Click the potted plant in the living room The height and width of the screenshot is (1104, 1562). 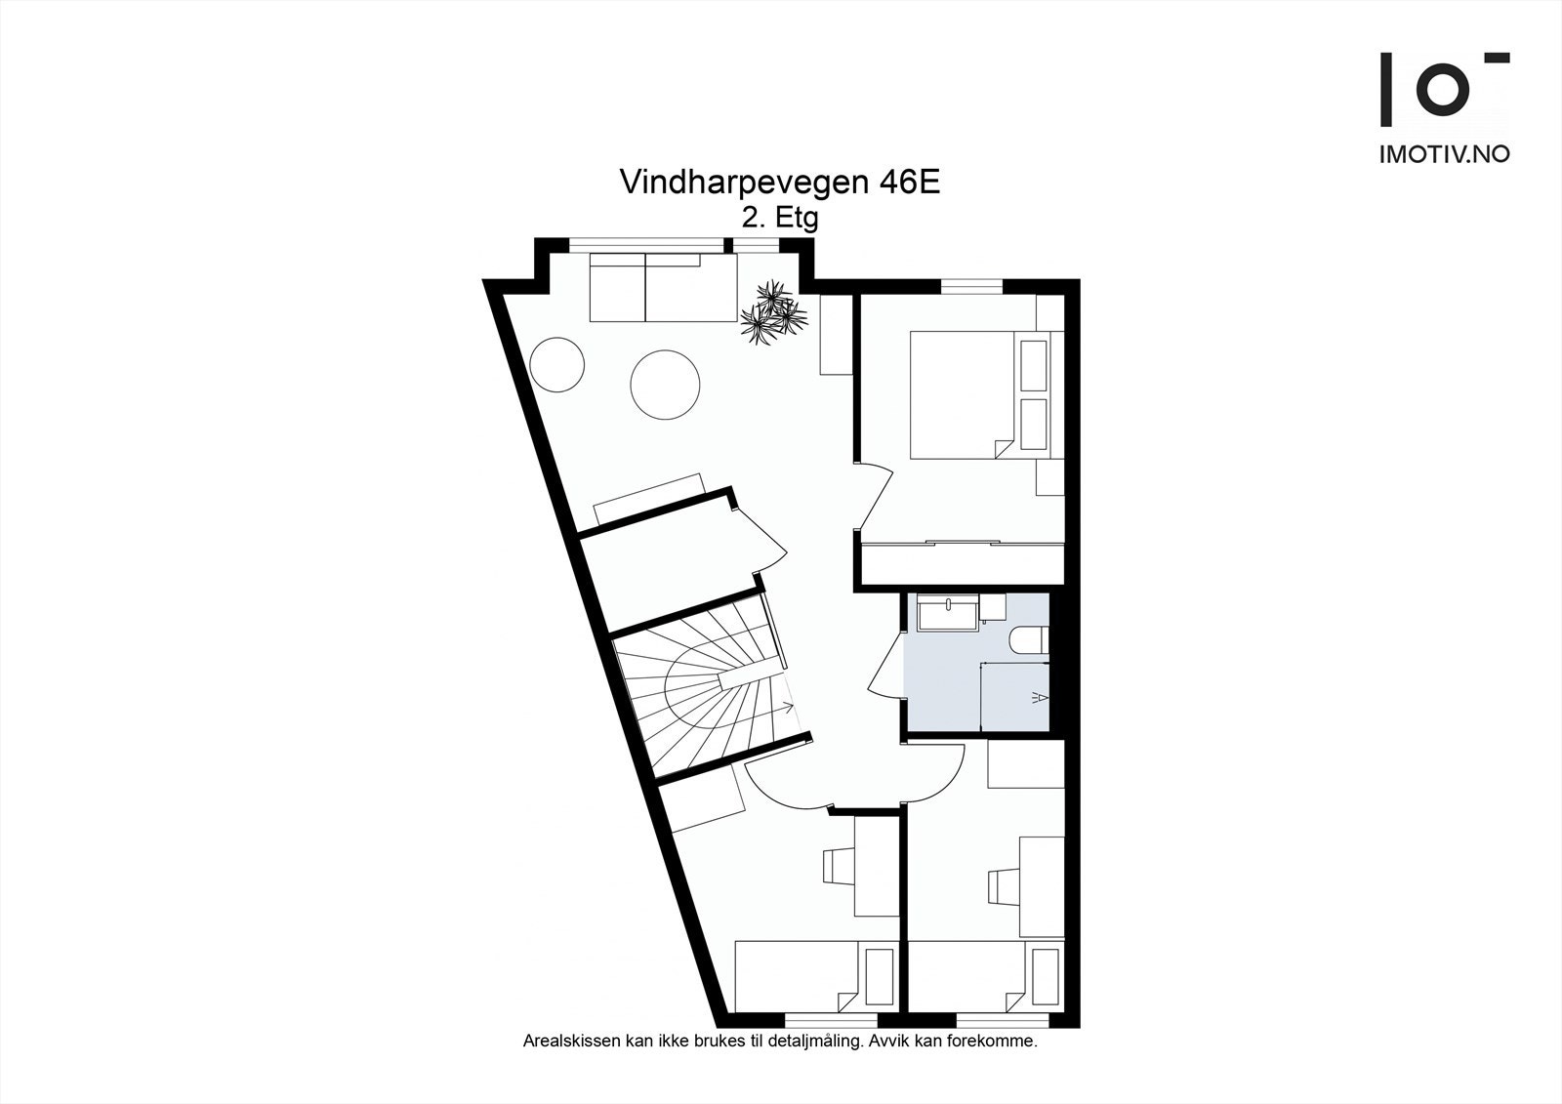(x=774, y=311)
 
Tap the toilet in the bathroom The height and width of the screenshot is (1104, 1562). (x=1030, y=639)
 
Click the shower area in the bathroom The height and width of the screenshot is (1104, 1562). (x=1015, y=696)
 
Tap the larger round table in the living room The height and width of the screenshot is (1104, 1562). (x=665, y=385)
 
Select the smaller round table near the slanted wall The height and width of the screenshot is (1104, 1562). (x=557, y=364)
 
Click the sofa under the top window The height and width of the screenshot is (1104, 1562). (x=663, y=288)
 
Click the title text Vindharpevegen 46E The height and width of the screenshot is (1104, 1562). (x=779, y=183)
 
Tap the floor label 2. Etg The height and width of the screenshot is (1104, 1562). (x=779, y=219)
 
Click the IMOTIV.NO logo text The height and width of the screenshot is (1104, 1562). (x=1443, y=154)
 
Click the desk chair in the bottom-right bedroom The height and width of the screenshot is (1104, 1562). (x=1004, y=886)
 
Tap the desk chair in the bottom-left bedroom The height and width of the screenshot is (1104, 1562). (x=838, y=866)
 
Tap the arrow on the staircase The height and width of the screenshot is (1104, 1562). (x=784, y=707)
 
